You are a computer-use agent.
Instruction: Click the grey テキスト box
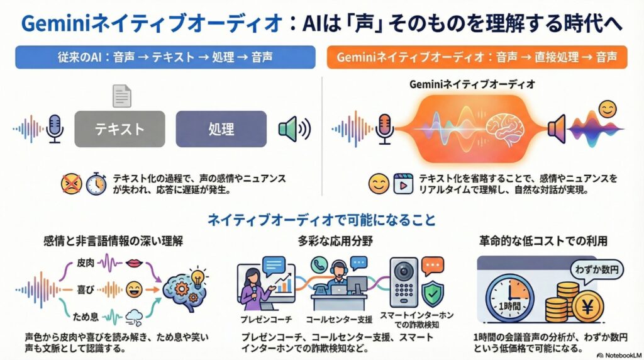pyautogui.click(x=119, y=129)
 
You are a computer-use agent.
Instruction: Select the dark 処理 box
pyautogui.click(x=221, y=129)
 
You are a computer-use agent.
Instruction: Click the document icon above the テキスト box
pyautogui.click(x=121, y=96)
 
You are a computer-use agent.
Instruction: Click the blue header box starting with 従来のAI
pyautogui.click(x=165, y=57)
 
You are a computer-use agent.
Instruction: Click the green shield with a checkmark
pyautogui.click(x=432, y=293)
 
